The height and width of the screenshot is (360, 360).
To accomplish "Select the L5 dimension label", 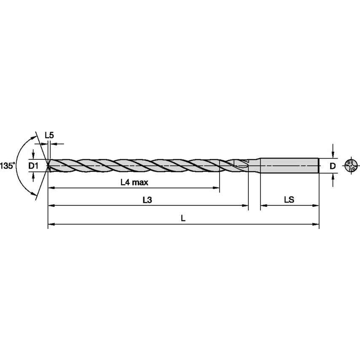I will (49, 135).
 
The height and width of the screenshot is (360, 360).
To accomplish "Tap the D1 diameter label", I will (33, 166).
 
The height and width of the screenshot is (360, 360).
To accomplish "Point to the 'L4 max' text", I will (134, 183).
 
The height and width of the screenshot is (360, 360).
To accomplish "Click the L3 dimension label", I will (147, 201).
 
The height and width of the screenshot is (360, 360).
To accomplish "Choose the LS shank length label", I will (289, 201).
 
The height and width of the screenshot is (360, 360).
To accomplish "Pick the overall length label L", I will (183, 218).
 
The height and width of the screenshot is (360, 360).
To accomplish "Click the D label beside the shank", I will (333, 166).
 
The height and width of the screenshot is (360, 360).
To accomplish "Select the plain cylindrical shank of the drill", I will (289, 165).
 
